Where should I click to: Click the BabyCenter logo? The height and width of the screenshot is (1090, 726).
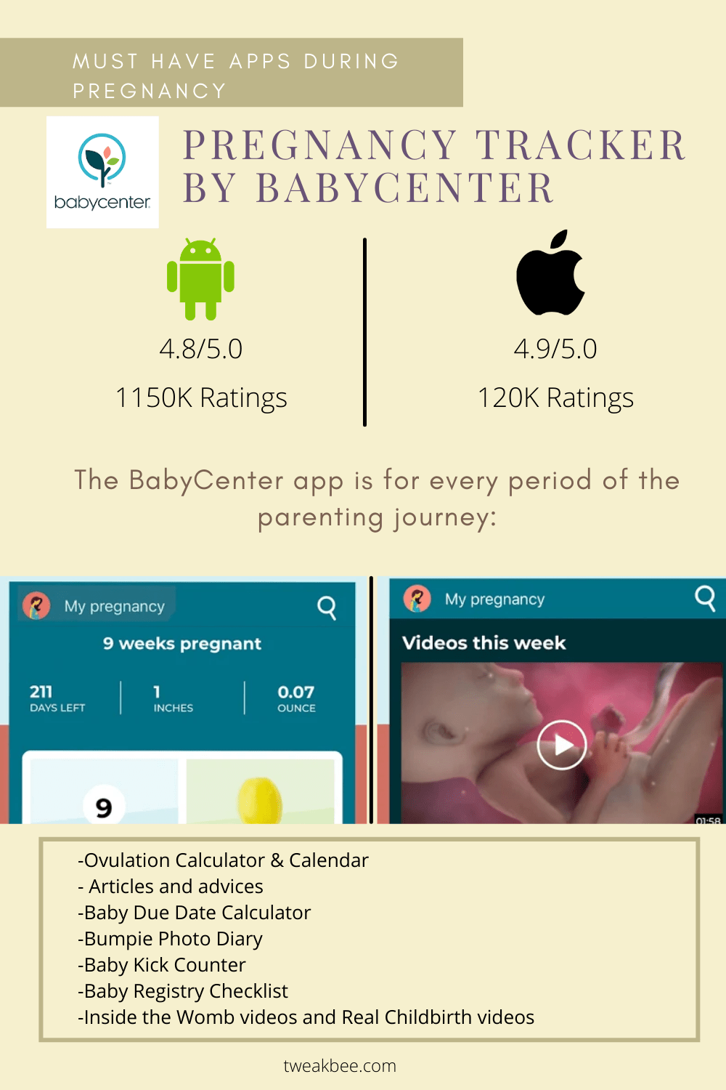tap(102, 171)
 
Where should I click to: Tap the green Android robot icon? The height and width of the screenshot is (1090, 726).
tap(200, 279)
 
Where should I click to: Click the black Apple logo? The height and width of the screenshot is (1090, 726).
tap(550, 272)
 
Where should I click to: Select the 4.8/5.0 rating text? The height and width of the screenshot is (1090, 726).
tap(201, 349)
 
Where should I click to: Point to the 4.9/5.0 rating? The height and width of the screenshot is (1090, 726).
tap(555, 349)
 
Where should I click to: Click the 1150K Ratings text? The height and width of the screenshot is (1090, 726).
tap(201, 398)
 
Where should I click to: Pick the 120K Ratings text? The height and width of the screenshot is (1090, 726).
tap(556, 398)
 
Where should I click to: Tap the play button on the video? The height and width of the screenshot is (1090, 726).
tap(562, 745)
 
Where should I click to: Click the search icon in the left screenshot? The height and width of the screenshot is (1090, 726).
tap(327, 607)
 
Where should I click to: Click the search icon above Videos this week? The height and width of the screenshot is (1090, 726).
tap(705, 599)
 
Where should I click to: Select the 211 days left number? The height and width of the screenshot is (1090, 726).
tap(41, 692)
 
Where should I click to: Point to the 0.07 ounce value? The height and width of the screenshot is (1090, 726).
tap(296, 692)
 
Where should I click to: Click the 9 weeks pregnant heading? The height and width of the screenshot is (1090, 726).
tap(182, 644)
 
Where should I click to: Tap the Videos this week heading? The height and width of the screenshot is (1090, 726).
tap(484, 643)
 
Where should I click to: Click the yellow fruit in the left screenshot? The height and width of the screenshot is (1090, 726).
tap(260, 800)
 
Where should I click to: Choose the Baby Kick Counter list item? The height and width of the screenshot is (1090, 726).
tap(162, 964)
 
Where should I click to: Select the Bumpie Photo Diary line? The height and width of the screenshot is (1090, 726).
tap(170, 939)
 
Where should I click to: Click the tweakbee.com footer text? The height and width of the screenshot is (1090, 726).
tap(340, 1066)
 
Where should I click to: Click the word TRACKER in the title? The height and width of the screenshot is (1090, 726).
tap(581, 145)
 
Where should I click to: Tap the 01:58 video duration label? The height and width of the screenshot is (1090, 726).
tap(708, 820)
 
